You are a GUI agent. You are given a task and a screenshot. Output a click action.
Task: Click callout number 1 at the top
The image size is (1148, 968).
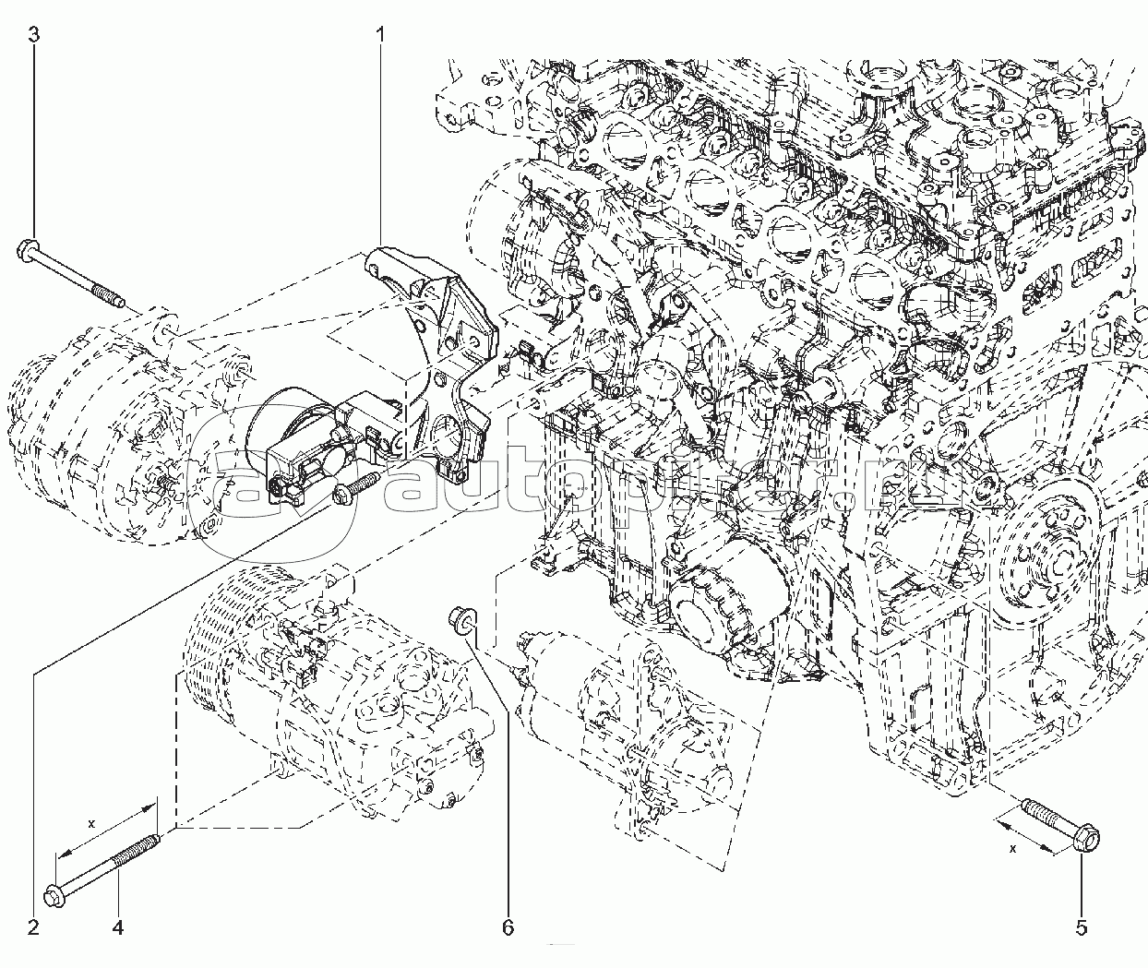380,36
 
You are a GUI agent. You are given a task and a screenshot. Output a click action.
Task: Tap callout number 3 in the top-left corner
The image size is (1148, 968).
33,36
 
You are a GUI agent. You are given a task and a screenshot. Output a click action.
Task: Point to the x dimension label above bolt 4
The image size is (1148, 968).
91,823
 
